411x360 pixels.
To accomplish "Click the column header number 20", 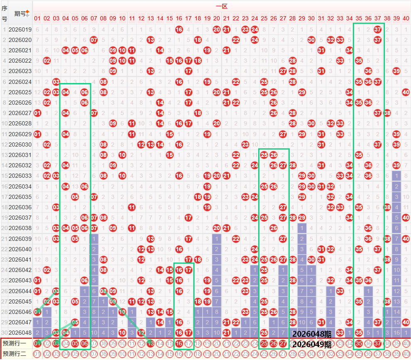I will (x=216, y=18).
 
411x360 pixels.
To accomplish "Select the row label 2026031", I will (x=20, y=155).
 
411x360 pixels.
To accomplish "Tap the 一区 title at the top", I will (x=221, y=6).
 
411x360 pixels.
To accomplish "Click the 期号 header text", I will (x=19, y=14).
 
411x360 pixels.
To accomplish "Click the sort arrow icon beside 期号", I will (x=27, y=14).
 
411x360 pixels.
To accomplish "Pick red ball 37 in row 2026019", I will (x=377, y=29).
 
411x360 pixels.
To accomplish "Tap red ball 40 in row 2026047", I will (x=406, y=322).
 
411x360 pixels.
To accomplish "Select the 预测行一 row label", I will (x=14, y=343).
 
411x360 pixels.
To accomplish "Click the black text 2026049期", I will (x=312, y=344).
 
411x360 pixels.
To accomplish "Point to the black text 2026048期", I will (x=312, y=334).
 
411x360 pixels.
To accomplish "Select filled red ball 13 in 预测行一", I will (x=151, y=343).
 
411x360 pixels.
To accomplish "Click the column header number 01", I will (x=37, y=18).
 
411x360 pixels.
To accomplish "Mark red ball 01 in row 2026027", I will (x=37, y=113).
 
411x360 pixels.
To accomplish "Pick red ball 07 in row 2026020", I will (x=94, y=40).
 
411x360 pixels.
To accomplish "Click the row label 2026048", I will (x=20, y=333).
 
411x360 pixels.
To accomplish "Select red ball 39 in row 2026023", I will (x=396, y=71).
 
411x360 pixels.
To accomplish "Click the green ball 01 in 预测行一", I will (x=37, y=343).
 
